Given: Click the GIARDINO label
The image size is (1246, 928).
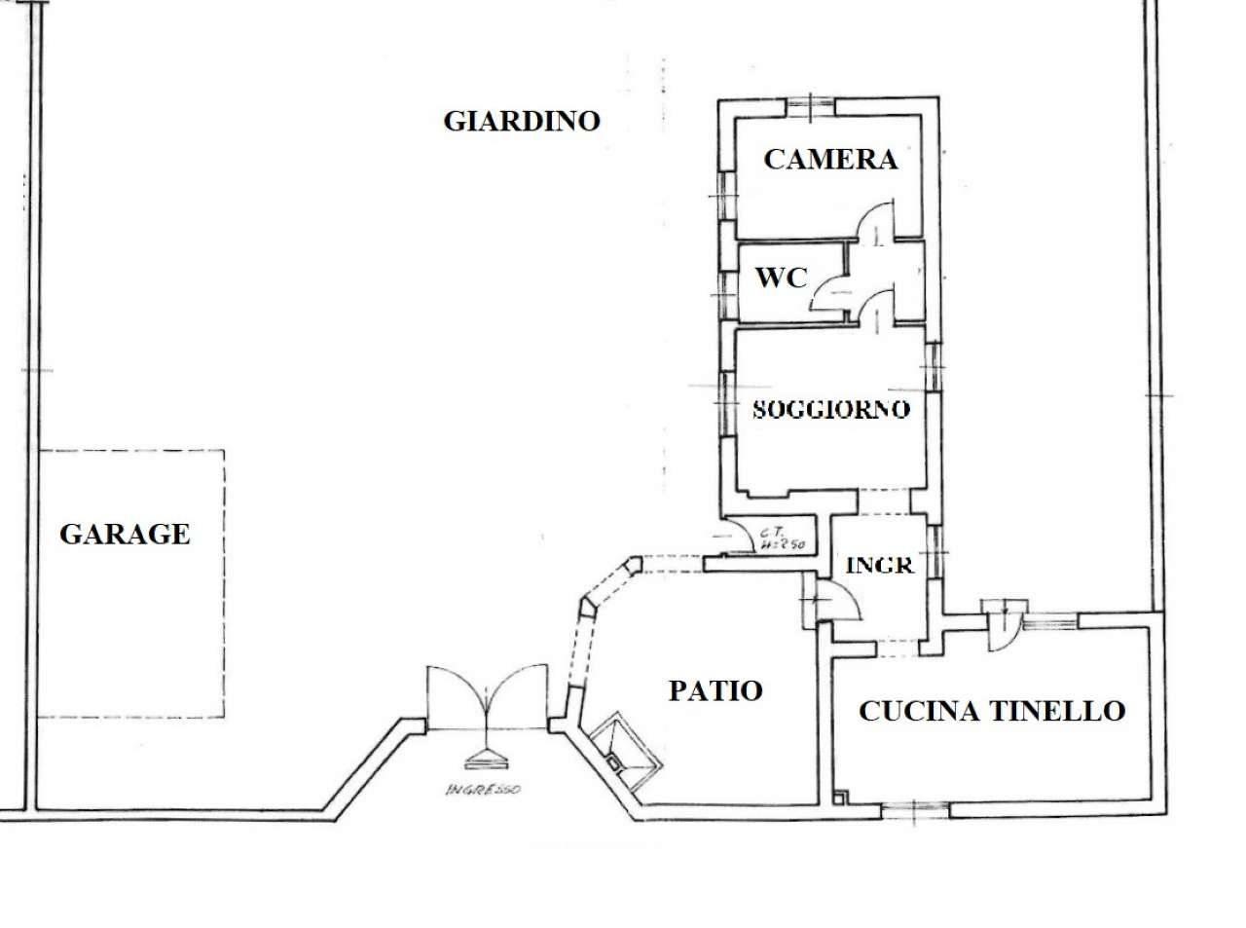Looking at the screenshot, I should (522, 121).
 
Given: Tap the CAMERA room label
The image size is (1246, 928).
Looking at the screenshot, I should (829, 159).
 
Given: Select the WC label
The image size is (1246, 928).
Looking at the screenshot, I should (782, 278).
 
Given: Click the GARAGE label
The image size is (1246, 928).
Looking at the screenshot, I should (125, 534).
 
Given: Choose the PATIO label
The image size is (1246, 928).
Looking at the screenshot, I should (715, 690).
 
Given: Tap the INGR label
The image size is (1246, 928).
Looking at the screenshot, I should (879, 565).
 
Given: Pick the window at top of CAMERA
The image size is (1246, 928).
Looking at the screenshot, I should (810, 106).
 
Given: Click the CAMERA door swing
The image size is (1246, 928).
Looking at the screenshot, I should (875, 220).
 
